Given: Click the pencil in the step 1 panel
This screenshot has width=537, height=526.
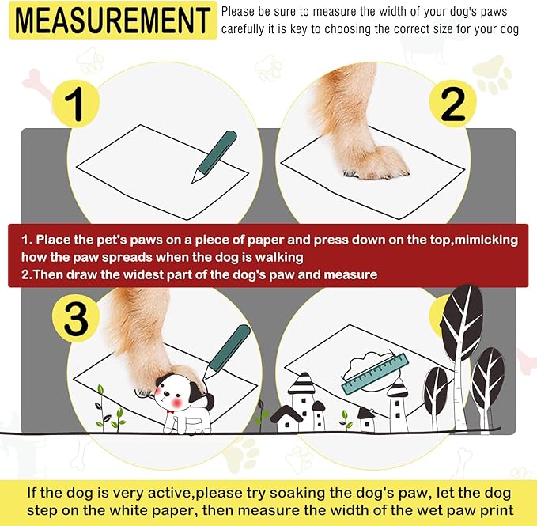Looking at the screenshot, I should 214,156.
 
